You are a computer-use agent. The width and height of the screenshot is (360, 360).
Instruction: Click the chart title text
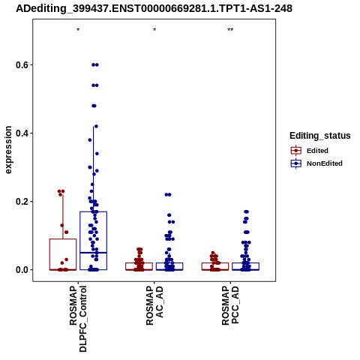coord(154,8)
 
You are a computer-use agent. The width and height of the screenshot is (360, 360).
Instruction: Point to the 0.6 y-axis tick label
coord(21,65)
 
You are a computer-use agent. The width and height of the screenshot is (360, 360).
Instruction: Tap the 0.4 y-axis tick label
coord(21,133)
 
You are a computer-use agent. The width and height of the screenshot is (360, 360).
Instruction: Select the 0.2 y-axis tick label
coord(21,202)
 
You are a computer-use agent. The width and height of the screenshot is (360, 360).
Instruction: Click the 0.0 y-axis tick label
coord(21,270)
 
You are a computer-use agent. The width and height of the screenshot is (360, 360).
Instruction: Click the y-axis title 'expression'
coord(8,150)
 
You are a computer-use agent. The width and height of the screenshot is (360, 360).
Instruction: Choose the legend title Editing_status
coord(320,136)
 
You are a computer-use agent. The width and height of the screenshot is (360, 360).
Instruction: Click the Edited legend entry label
coord(317,151)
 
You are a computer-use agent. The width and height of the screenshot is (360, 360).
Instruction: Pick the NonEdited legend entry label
coord(325,163)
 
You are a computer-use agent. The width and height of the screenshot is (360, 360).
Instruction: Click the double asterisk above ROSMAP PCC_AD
coord(230,30)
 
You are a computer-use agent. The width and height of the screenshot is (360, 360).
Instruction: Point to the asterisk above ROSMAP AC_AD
coord(154,30)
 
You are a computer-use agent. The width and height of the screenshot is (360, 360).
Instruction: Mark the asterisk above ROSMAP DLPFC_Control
coord(78,30)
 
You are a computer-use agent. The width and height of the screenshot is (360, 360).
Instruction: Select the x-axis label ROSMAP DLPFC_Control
coord(78,319)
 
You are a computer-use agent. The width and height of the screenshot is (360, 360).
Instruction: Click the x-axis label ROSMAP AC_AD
coord(154,305)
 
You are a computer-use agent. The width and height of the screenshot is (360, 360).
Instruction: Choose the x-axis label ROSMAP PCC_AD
coord(230,305)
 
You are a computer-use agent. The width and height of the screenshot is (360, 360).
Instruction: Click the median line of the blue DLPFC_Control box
coord(94,253)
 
